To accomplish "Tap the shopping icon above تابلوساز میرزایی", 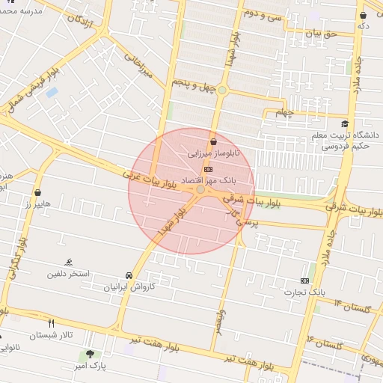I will coord(215,141).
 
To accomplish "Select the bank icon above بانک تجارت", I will coord(305,280).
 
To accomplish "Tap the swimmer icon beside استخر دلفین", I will coord(70,262).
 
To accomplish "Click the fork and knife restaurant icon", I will coord(51,323).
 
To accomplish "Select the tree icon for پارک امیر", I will coord(90,354).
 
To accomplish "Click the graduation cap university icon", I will coord(345,124).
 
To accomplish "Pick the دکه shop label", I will coord(364,26).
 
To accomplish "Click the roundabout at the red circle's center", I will coord(200,191).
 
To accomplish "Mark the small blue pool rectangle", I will coord(52,93).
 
